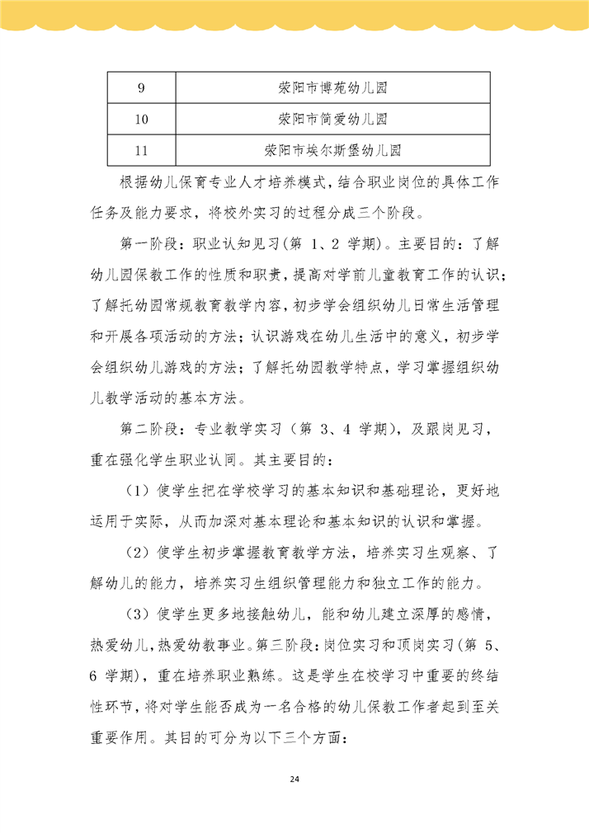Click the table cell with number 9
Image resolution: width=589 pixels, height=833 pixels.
click(141, 87)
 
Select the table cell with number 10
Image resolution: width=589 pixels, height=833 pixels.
click(141, 120)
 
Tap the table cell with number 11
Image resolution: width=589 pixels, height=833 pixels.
click(141, 151)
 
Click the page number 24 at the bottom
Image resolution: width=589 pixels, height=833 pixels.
click(294, 779)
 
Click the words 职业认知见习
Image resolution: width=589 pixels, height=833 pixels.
click(239, 244)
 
